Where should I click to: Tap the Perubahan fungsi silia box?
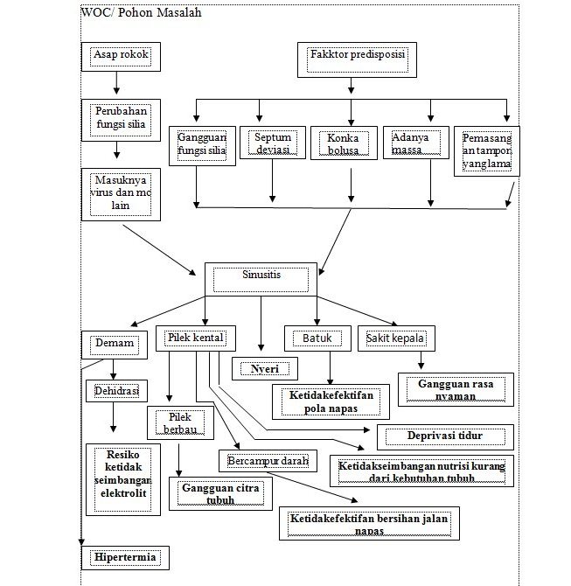tap(121, 119)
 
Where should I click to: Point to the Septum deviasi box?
tap(272, 143)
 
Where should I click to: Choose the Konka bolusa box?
tap(343, 143)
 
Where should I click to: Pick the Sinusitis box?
tap(261, 278)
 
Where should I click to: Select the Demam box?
tap(114, 344)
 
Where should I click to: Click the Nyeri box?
tap(264, 368)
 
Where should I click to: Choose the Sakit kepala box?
tap(396, 338)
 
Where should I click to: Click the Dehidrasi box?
tap(116, 390)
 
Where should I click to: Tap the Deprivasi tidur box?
tap(443, 436)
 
